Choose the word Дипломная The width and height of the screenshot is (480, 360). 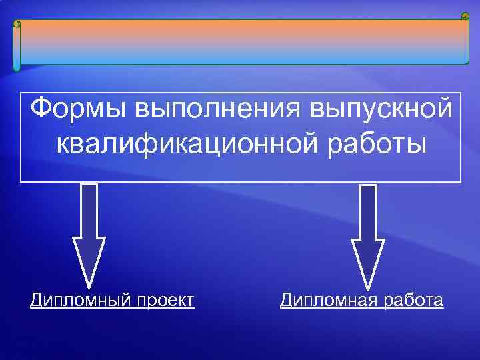(x=324, y=301)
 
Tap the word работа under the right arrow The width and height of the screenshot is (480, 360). (x=409, y=301)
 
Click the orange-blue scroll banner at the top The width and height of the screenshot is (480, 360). (x=240, y=41)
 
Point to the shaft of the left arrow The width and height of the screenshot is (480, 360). (x=88, y=210)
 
